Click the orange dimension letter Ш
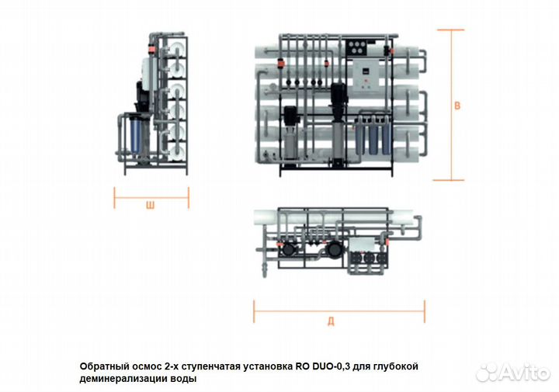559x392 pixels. click(x=151, y=205)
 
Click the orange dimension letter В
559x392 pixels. click(x=457, y=106)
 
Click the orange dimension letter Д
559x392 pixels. click(x=331, y=321)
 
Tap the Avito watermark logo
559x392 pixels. click(x=512, y=373)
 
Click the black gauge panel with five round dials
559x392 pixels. click(x=357, y=47)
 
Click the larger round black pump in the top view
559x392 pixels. click(x=335, y=248)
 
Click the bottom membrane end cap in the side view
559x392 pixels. click(x=177, y=151)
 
